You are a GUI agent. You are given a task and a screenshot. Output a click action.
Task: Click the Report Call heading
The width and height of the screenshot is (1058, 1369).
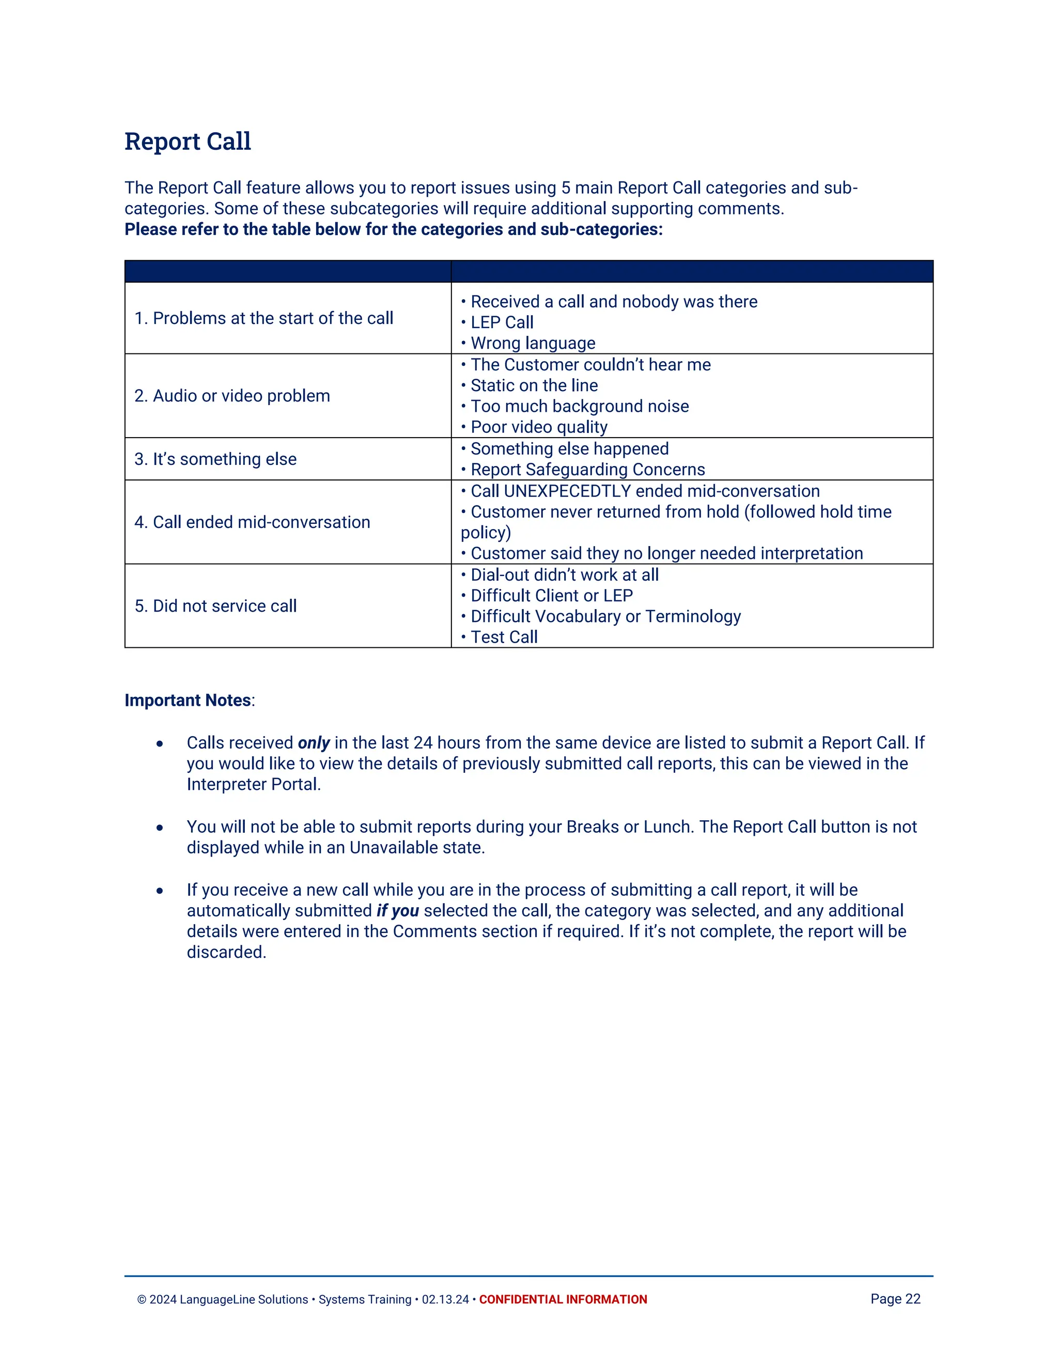click(x=188, y=142)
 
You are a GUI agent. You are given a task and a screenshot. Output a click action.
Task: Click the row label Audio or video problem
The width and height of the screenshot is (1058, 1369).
click(x=232, y=396)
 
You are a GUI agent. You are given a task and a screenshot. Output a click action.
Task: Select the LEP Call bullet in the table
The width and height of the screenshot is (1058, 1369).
click(x=502, y=323)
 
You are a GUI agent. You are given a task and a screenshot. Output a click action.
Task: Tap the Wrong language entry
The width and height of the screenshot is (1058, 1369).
click(x=533, y=344)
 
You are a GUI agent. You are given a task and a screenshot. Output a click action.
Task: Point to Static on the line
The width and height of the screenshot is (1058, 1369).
click(x=534, y=385)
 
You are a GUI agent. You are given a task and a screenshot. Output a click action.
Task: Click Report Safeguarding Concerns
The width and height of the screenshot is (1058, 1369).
click(x=587, y=470)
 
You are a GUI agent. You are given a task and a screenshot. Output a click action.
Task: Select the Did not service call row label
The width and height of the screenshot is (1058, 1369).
click(x=215, y=606)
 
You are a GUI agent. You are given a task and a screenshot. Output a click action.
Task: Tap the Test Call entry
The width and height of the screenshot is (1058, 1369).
click(x=504, y=637)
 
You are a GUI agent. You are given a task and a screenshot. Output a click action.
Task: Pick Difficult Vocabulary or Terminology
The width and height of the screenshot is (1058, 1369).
click(x=605, y=617)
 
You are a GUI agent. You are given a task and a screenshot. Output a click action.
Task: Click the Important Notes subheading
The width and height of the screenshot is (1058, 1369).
click(x=188, y=700)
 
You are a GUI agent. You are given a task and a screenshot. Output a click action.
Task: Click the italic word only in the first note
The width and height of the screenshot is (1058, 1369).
click(x=314, y=743)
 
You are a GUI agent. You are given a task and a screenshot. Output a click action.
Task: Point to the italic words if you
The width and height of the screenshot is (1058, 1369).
click(x=397, y=911)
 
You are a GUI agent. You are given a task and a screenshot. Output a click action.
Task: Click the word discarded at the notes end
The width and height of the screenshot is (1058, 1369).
click(x=226, y=953)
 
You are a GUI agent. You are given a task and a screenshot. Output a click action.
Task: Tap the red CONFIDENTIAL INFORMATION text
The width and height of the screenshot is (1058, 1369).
click(x=563, y=1299)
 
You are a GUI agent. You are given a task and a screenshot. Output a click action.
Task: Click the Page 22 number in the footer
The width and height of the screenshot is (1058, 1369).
click(x=895, y=1299)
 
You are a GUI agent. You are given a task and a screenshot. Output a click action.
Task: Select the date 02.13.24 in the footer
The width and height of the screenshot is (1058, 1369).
click(x=445, y=1299)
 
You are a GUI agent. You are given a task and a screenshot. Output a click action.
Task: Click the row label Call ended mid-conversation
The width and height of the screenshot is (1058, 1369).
click(x=252, y=522)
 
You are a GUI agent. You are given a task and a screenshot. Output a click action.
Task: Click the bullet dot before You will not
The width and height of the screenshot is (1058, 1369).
click(x=160, y=828)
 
